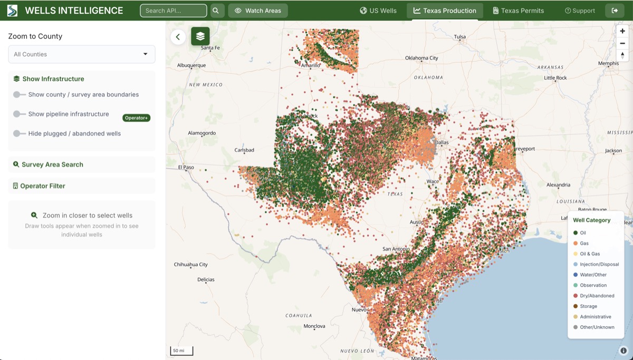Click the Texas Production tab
point(445,11)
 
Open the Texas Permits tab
point(518,11)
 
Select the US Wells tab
point(378,11)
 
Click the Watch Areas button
point(258,11)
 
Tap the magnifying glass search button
point(216,11)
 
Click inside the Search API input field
point(173,11)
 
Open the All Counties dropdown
point(82,54)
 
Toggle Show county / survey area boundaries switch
point(20,95)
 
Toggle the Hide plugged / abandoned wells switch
point(20,134)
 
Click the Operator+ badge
point(136,118)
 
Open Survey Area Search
point(52,164)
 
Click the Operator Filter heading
point(43,186)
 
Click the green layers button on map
point(200,36)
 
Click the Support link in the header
point(580,11)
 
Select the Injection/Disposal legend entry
point(599,264)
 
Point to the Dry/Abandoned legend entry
point(597,296)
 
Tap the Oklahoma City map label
point(421,58)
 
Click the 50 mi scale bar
point(181,351)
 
